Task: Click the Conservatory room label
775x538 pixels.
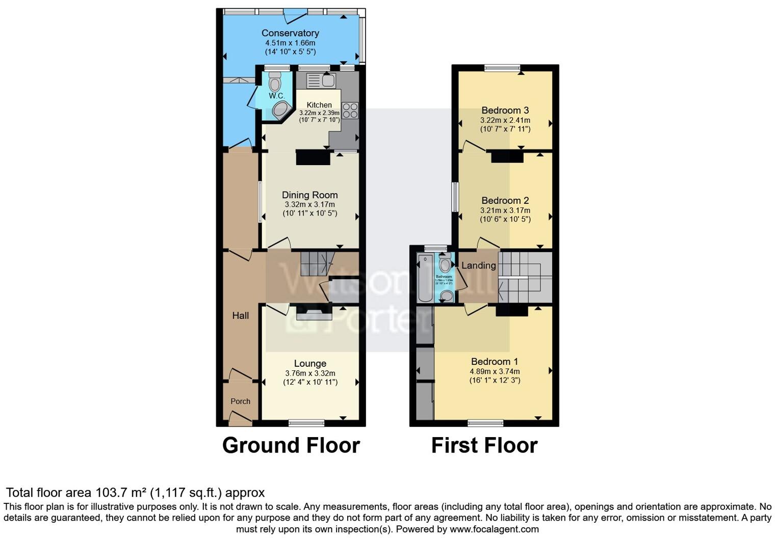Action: tap(290, 33)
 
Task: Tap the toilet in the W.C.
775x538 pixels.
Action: tap(275, 82)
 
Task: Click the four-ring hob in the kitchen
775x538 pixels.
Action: tap(350, 111)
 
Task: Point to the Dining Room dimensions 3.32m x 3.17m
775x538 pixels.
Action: tap(310, 204)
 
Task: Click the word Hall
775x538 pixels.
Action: tap(240, 315)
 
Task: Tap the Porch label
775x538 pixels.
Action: tap(240, 401)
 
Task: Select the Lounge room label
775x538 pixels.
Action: tap(310, 363)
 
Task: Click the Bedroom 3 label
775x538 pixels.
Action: tap(505, 110)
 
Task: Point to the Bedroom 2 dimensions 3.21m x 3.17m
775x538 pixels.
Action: tap(505, 210)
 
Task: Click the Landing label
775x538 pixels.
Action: tap(478, 265)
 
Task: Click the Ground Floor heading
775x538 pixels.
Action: tap(291, 445)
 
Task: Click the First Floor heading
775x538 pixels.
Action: tap(484, 445)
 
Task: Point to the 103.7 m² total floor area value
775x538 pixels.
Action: tap(121, 493)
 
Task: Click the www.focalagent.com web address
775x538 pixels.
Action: tap(494, 529)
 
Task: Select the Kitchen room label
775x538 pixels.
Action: tap(319, 105)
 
